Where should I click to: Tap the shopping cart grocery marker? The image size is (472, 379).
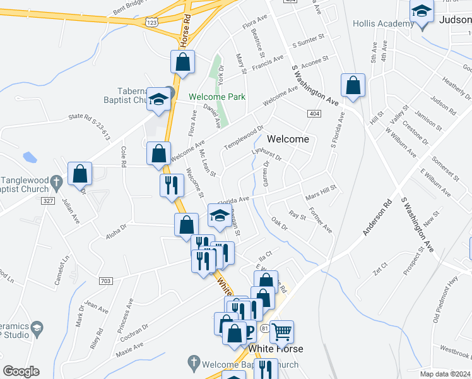point(281,330)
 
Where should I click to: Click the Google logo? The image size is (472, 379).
point(21,371)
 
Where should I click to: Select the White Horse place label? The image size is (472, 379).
point(276,349)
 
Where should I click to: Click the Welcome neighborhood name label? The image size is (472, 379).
point(288,139)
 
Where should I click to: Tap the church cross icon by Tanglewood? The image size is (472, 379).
point(56,182)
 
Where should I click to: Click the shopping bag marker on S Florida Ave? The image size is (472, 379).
point(353,86)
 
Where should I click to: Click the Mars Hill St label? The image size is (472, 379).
point(322,192)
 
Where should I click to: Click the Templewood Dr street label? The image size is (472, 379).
point(244,138)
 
